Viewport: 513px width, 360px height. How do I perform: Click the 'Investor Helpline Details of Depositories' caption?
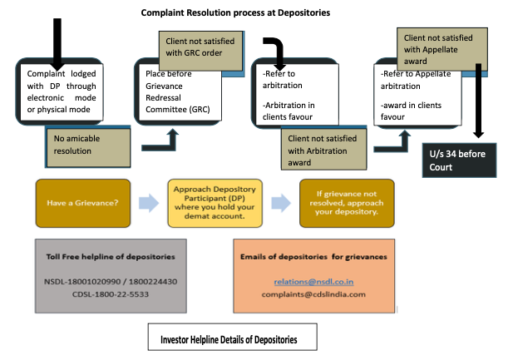coord(229,340)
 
